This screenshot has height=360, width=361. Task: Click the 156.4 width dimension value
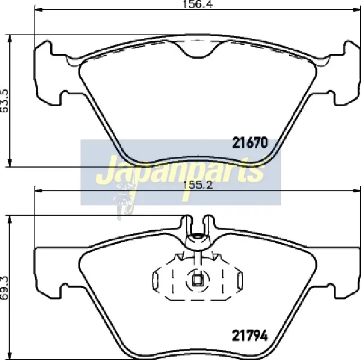pos(197,5)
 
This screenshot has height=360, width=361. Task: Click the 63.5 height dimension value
pos(5,101)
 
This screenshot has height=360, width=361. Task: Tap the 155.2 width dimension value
pos(197,186)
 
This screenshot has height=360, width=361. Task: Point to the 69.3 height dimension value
pos(5,288)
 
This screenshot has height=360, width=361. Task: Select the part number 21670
pos(250,143)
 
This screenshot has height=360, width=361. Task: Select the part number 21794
pos(250,336)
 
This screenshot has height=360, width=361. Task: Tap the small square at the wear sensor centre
pos(197,280)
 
